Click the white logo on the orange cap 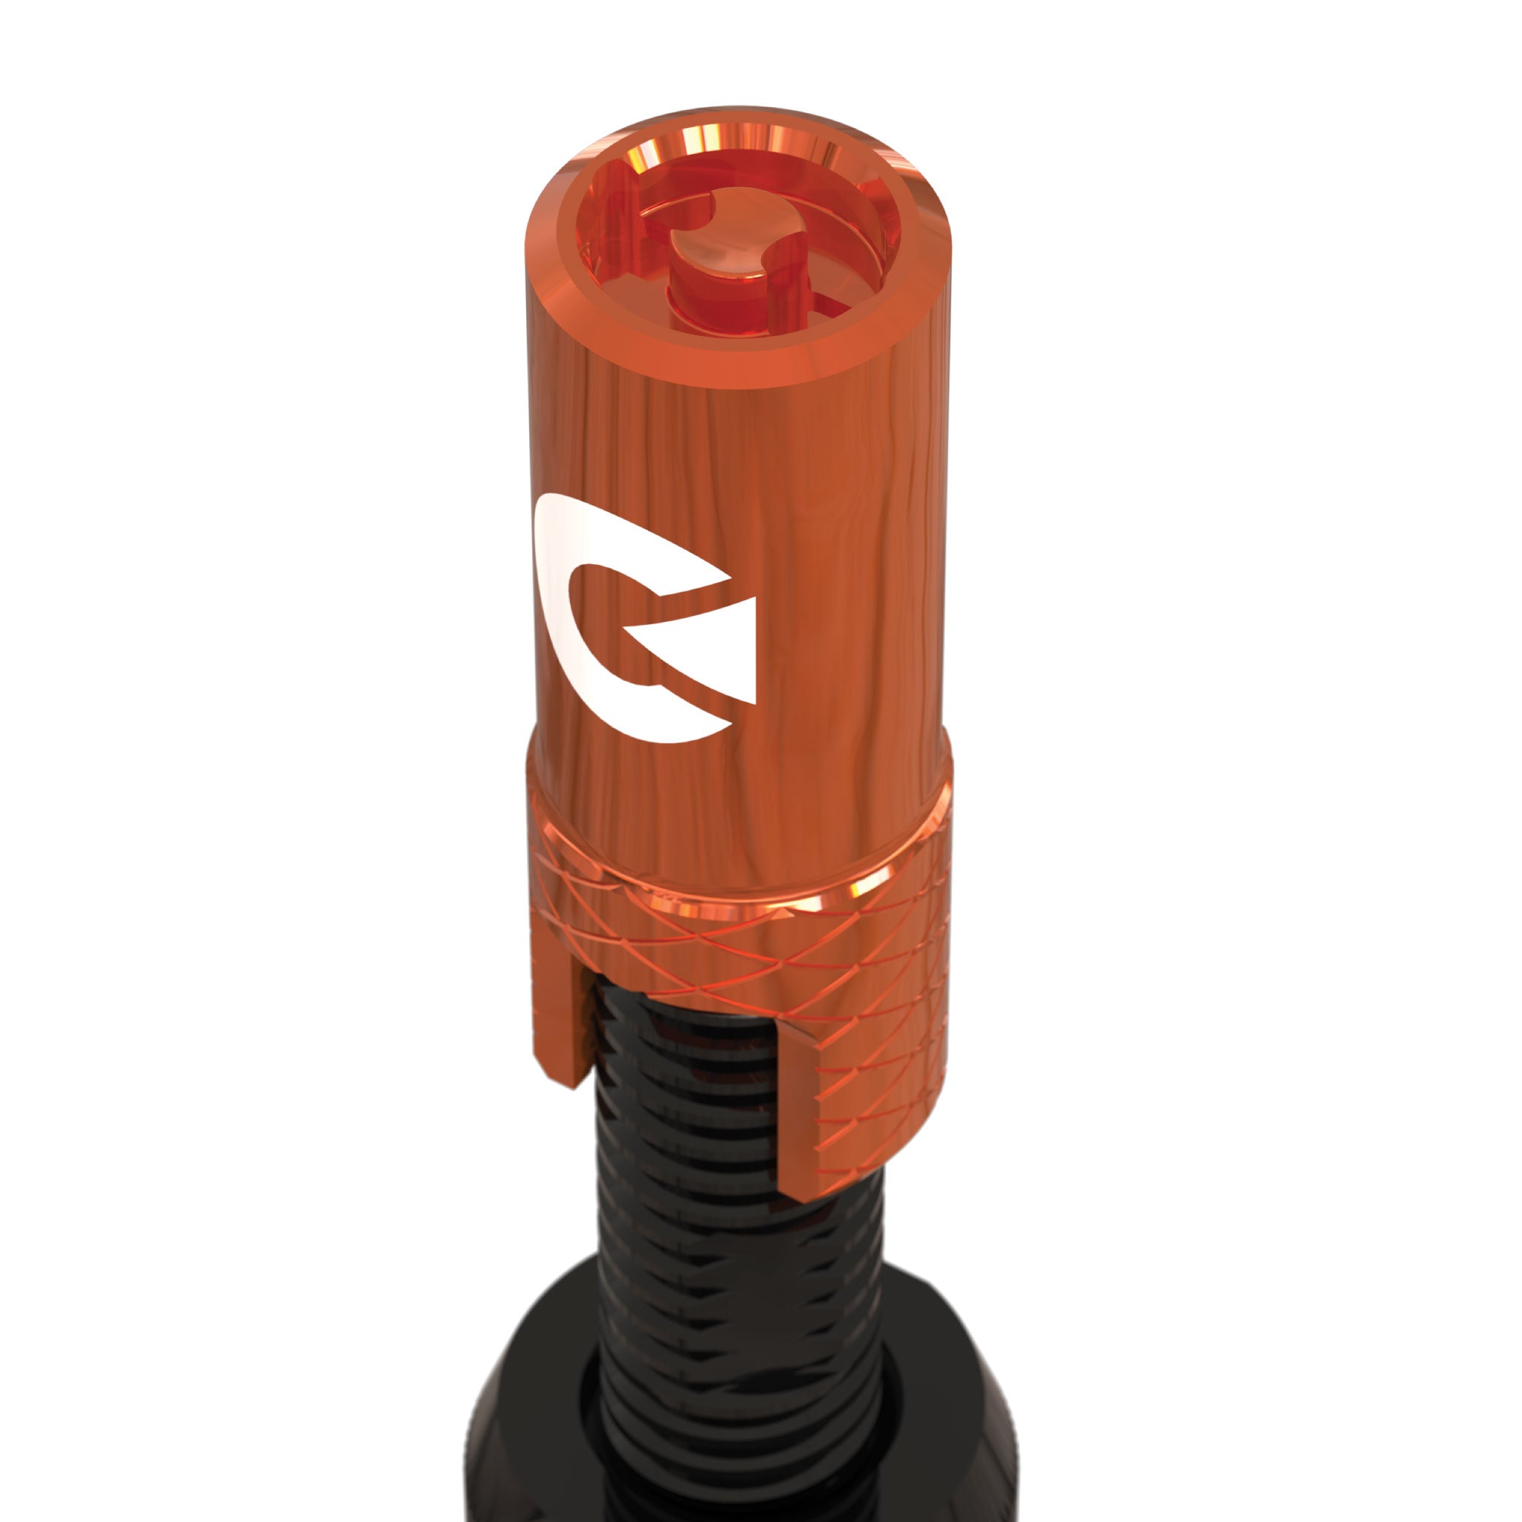(622, 622)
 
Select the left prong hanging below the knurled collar (561, 1024)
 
